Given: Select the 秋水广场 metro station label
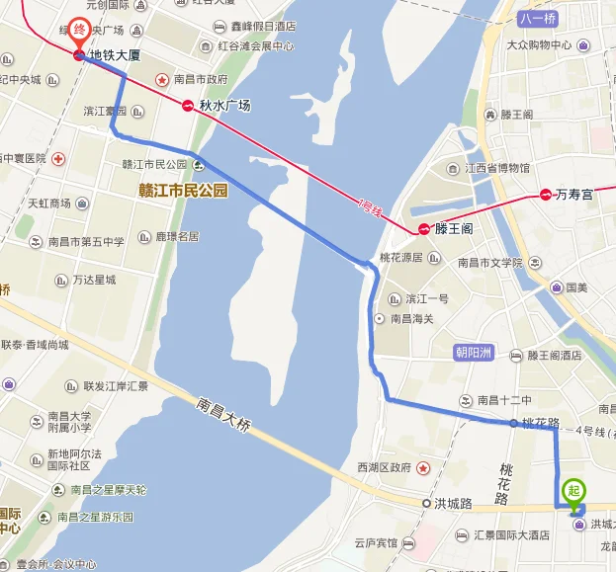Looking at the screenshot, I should point(223,105).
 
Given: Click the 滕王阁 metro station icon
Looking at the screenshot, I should point(424,229).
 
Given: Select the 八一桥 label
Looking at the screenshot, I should point(538,18).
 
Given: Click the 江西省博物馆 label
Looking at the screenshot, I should point(499,169).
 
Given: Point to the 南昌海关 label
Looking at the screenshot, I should point(412,318).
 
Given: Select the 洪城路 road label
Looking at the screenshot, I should point(454,503).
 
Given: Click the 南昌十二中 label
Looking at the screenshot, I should point(504,400).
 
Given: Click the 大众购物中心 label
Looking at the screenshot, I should point(539,45).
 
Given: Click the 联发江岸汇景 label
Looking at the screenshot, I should point(116,386).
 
